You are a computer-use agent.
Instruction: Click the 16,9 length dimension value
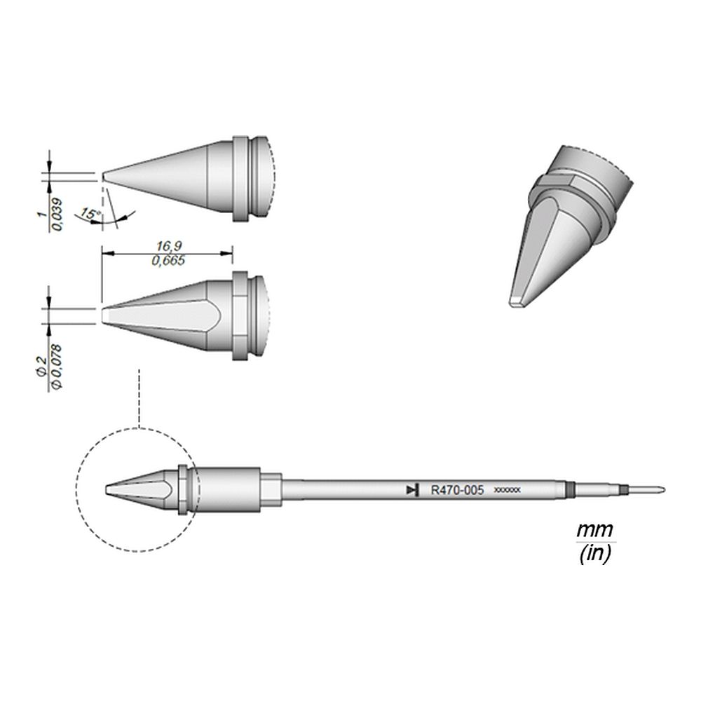click(166, 246)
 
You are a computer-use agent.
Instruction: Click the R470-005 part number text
click(456, 491)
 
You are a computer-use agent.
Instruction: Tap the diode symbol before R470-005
click(413, 491)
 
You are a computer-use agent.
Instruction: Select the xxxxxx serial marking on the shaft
click(507, 491)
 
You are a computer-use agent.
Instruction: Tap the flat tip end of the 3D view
click(517, 304)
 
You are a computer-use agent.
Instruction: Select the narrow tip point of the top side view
click(105, 175)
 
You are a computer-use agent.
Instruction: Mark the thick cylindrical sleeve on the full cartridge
click(224, 490)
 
